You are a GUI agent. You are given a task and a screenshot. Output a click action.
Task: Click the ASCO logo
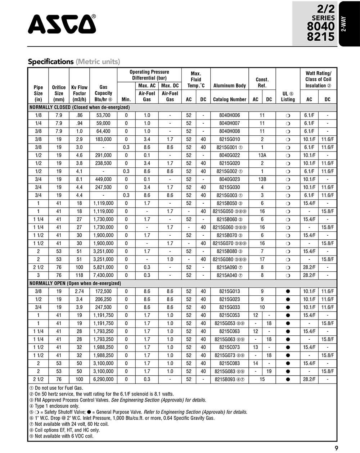(62, 24)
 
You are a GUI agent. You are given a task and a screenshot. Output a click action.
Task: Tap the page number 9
(336, 448)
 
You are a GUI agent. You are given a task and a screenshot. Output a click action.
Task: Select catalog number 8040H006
(229, 115)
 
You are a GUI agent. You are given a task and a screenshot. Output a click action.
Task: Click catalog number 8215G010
(229, 139)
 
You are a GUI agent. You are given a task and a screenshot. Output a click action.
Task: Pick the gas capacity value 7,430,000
(103, 275)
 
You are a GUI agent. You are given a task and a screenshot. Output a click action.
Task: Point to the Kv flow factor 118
(79, 275)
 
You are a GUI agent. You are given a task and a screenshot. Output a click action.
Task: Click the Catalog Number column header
(229, 99)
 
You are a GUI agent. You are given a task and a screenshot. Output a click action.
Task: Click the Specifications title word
(51, 62)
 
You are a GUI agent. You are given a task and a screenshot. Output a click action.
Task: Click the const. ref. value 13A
(262, 155)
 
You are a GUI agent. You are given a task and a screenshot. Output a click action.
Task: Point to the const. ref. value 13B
(262, 179)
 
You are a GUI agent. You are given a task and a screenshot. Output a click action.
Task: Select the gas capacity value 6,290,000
(103, 379)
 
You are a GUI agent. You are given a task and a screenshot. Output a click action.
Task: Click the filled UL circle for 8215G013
(288, 291)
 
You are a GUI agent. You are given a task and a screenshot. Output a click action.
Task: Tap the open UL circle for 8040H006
(288, 115)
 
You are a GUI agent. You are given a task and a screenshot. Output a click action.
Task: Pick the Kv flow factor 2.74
(79, 291)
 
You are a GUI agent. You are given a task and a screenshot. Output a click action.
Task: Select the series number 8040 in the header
(320, 27)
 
